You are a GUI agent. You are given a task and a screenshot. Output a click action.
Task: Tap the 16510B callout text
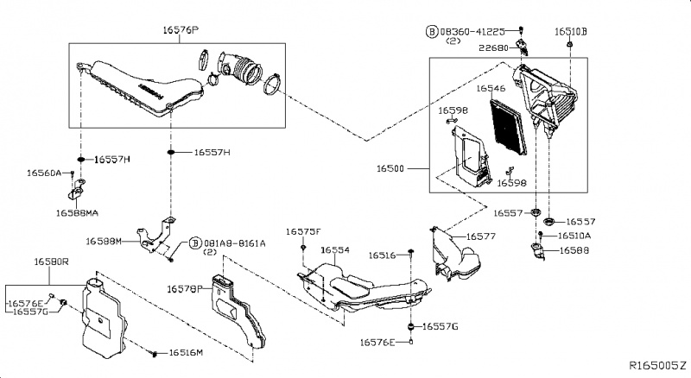[570, 31]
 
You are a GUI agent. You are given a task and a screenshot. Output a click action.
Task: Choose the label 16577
[480, 236]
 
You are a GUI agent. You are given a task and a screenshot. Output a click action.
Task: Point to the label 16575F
[303, 231]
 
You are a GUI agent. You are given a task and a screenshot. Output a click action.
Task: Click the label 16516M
[186, 353]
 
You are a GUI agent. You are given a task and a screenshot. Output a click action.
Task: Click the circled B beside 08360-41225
[431, 31]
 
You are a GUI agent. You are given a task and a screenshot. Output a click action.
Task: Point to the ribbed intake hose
[244, 69]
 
